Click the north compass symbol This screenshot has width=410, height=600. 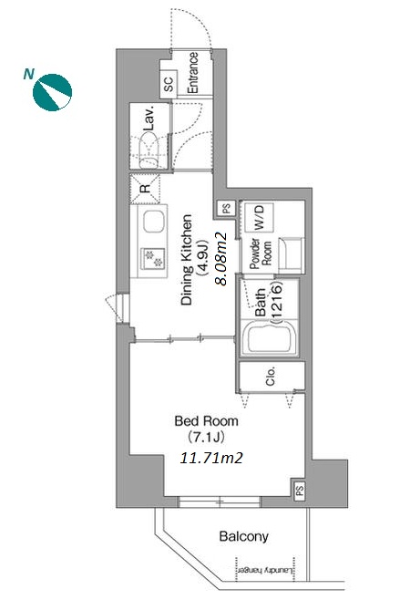pos(52,92)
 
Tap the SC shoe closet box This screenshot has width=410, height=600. pos(169,84)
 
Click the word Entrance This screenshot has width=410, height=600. pos(193,73)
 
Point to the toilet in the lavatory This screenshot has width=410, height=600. pos(149,150)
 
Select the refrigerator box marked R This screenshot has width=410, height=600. pos(145,188)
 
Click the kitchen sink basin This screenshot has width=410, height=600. pos(154,222)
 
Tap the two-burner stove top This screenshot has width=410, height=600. pos(153,258)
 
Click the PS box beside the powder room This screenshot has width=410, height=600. pos(227,209)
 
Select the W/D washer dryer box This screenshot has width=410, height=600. pos(259,217)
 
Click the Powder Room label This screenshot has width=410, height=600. pos(260,253)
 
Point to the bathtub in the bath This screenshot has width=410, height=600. pos(270,337)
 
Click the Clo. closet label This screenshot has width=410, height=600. pos(271,377)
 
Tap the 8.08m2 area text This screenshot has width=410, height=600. pos(221,259)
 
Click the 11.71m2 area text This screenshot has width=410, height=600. pos(211,458)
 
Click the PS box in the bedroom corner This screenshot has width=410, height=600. pos(299,489)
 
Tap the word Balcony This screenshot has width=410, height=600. pos(243,536)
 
